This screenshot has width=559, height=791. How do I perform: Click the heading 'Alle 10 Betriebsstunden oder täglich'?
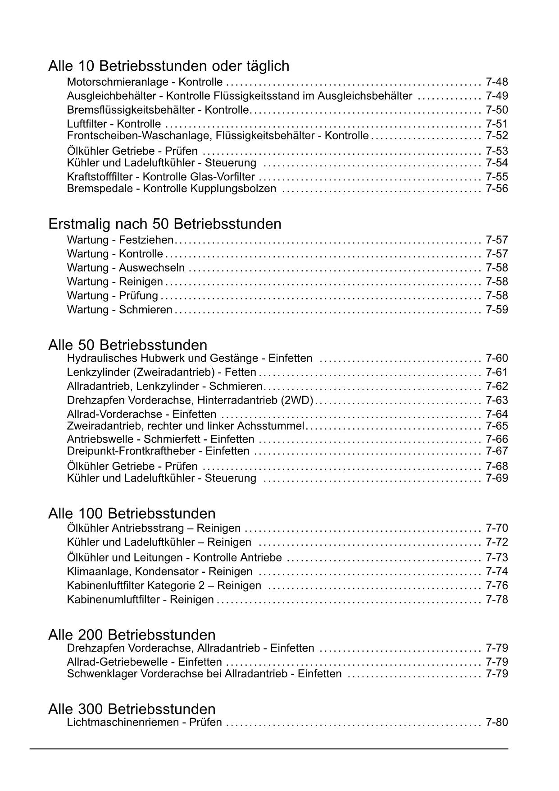click(168, 66)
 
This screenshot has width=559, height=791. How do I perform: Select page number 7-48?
click(496, 82)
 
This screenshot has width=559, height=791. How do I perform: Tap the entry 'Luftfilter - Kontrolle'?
click(114, 124)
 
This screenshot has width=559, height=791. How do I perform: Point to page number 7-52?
click(496, 136)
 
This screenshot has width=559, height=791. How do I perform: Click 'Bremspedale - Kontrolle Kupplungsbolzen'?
click(171, 189)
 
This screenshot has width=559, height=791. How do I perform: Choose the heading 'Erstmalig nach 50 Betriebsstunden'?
click(164, 224)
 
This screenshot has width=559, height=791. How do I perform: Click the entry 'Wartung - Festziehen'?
click(120, 240)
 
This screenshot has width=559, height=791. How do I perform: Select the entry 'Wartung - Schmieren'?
click(119, 310)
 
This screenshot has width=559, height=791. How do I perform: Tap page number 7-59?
click(496, 310)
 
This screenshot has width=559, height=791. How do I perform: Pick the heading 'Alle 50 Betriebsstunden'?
click(127, 345)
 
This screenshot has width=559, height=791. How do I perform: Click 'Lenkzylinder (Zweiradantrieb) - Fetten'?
click(161, 373)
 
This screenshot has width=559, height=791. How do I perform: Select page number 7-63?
click(496, 400)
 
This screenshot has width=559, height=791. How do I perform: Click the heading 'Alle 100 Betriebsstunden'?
click(132, 514)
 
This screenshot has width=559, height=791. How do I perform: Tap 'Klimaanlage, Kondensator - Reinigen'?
click(159, 572)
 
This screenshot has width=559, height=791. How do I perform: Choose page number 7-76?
click(496, 586)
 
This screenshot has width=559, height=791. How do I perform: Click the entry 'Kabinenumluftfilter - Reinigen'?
click(140, 600)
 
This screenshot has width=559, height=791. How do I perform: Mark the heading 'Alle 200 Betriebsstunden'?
click(132, 635)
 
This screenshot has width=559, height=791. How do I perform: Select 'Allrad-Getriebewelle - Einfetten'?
click(144, 662)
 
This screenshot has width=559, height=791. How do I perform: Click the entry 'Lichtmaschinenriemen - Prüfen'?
click(144, 722)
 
